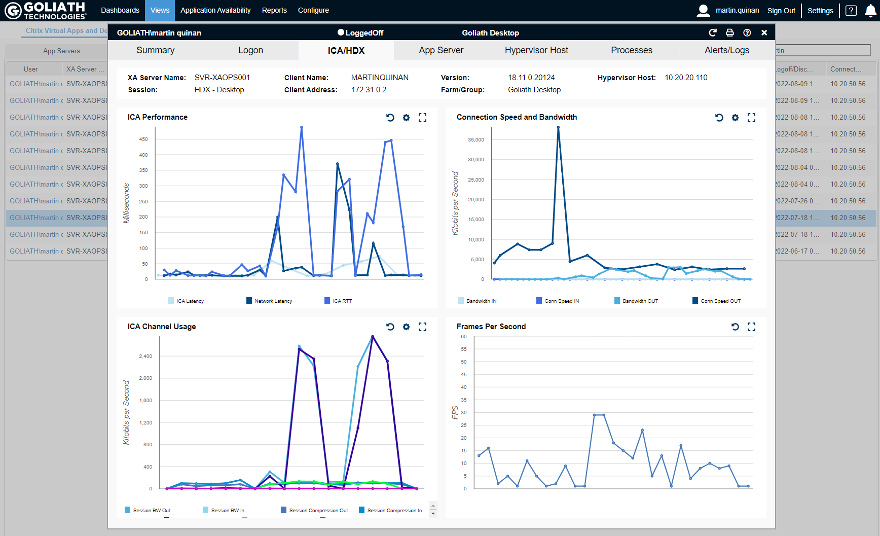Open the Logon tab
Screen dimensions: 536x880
coord(250,50)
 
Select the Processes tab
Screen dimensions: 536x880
coord(631,50)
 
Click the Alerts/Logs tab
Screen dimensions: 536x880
coord(726,50)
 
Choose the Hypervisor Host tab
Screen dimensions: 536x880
coord(536,50)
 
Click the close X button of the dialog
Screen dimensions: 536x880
coord(764,33)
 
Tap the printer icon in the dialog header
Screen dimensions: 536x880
coord(729,33)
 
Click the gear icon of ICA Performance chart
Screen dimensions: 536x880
coord(406,118)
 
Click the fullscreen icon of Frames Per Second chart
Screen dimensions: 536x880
coord(751,327)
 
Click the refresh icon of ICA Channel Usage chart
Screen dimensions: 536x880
coord(390,327)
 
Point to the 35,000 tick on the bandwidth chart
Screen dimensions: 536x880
coord(475,139)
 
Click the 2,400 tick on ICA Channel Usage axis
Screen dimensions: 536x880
coord(145,356)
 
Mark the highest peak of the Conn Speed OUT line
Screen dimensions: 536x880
coord(558,128)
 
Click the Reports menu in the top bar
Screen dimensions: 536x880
coord(274,10)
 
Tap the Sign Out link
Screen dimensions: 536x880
coord(781,11)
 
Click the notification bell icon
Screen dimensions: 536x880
coord(870,11)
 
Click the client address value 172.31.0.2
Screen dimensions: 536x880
coord(369,90)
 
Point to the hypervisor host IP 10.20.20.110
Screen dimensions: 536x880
coord(686,78)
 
